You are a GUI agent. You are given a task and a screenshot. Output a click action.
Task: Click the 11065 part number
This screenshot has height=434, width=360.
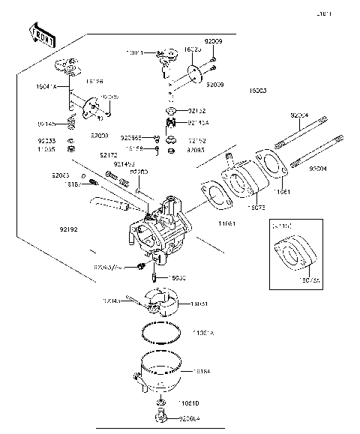click(46, 149)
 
